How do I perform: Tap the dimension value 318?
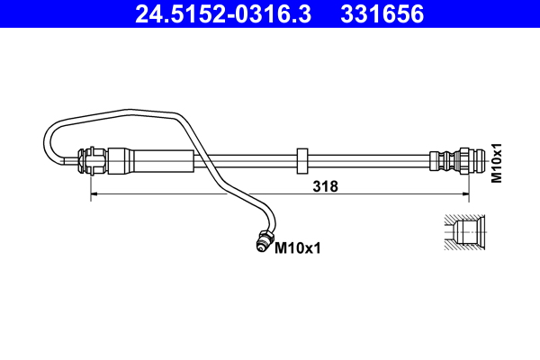pos(324,186)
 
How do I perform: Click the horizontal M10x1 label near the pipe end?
pos(297,246)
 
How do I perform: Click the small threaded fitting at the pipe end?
pos(264,240)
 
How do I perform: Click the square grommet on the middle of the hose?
pos(302,161)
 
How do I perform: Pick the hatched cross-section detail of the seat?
pos(464,230)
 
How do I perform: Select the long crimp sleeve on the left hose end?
pos(151,162)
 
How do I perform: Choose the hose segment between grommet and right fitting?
pos(369,162)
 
